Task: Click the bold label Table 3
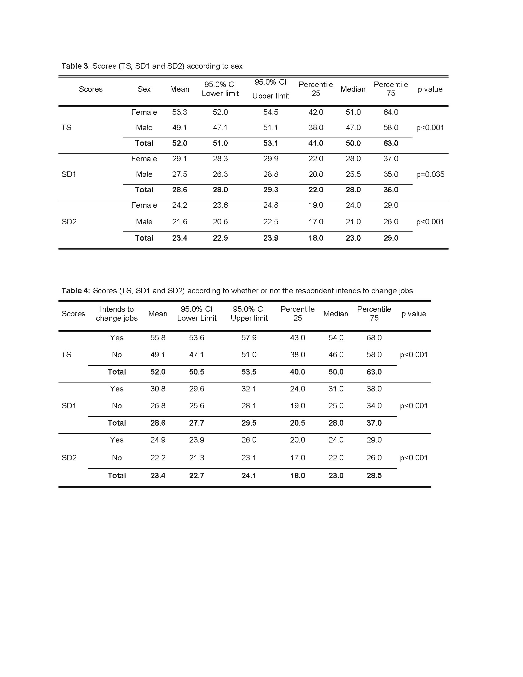75,66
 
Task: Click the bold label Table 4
75,290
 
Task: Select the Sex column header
144,89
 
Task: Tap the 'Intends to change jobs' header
117,313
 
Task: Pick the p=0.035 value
430,174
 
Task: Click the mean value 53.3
180,112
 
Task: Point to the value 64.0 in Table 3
391,112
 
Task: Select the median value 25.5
353,174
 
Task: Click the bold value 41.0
316,143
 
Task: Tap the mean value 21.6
180,222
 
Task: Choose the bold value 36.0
391,190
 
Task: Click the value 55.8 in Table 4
158,338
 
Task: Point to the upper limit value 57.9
249,338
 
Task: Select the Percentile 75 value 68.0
374,338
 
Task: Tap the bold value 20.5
297,423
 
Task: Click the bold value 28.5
374,475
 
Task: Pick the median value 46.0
336,355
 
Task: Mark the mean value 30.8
158,389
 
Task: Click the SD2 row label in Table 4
69,458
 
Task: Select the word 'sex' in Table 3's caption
236,66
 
